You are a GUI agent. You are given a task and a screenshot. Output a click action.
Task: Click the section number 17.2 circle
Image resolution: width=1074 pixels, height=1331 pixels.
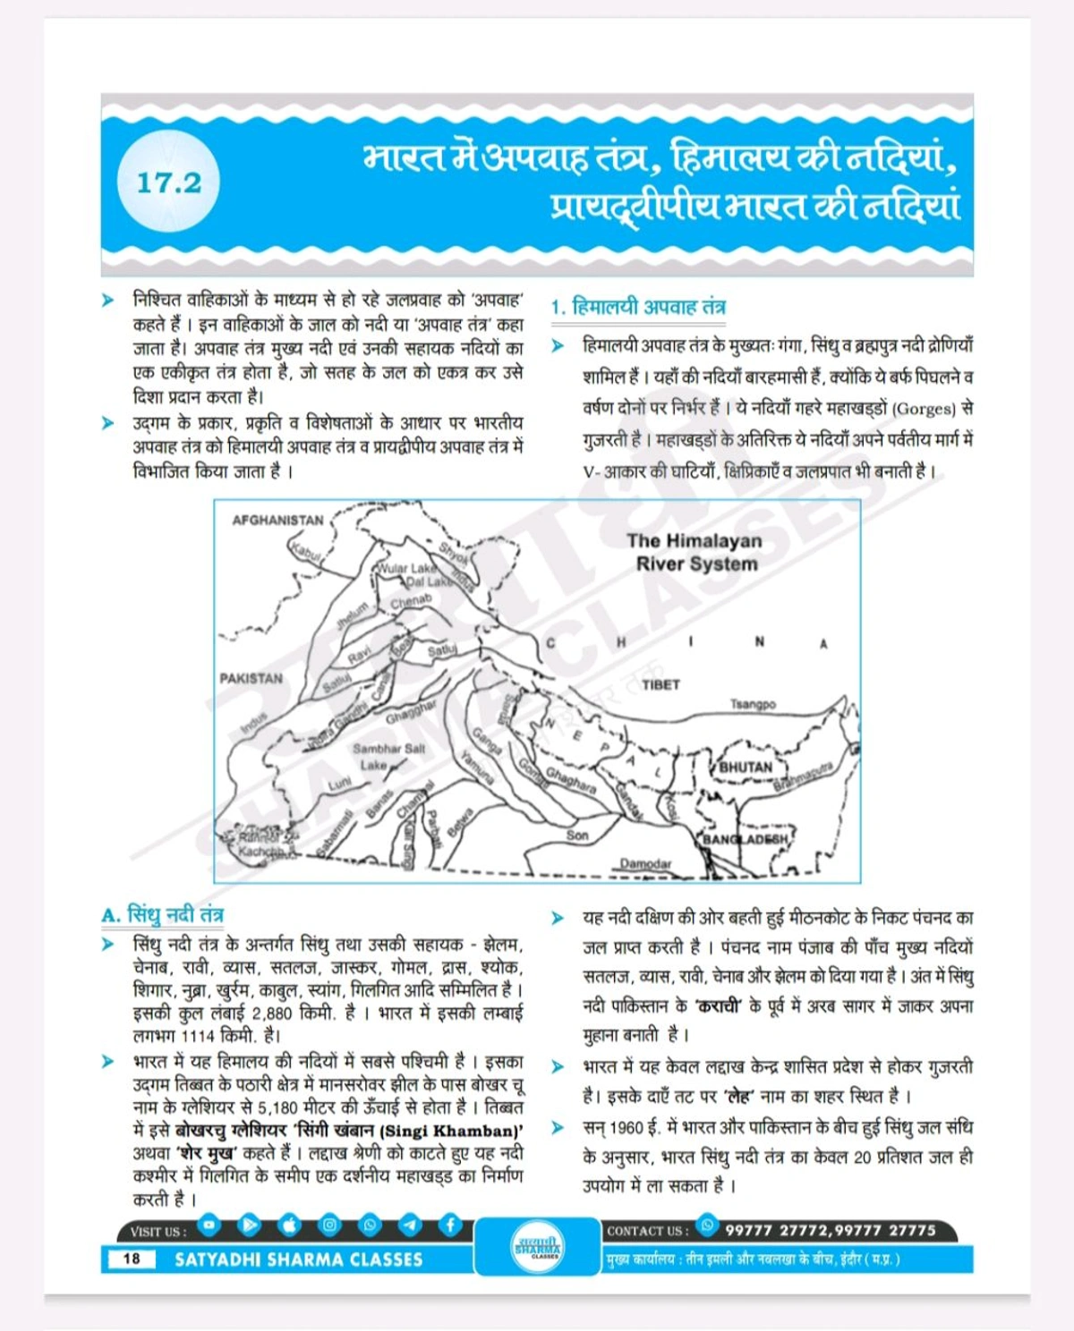[x=168, y=184]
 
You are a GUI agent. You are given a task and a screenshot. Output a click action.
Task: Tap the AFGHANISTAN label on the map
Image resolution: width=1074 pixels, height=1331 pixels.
[x=277, y=521]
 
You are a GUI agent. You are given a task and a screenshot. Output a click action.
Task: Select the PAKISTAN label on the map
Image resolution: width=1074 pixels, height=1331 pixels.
[x=251, y=678]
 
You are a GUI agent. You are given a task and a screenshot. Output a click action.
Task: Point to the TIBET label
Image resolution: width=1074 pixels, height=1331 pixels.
[x=661, y=684]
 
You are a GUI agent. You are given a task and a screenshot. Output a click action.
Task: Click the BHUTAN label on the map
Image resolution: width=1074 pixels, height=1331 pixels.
[x=746, y=767]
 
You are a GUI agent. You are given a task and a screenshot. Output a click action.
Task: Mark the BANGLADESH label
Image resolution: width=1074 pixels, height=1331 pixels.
[x=746, y=839]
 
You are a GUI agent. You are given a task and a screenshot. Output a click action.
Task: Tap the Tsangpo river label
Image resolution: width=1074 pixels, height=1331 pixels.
[x=753, y=705]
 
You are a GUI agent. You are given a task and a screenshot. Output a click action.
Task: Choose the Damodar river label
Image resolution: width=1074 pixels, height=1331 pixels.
[x=645, y=864]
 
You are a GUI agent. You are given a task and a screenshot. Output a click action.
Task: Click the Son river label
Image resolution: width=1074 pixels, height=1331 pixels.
[x=577, y=835]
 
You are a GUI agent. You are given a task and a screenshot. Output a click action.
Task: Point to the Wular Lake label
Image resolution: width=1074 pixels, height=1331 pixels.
[x=408, y=568]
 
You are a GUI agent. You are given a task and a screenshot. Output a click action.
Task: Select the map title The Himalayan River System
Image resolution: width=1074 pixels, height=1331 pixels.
[x=695, y=552]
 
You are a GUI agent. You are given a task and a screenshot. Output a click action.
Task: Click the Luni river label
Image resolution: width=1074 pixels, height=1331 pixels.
[x=340, y=784]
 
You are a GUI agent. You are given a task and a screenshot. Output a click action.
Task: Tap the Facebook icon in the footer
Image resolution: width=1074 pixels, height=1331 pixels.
[x=449, y=1225]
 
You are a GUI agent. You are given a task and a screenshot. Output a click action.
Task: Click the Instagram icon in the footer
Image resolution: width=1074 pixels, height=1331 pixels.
[x=329, y=1225]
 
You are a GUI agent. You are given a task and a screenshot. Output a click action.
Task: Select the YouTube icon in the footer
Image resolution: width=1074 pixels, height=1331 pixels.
[x=209, y=1224]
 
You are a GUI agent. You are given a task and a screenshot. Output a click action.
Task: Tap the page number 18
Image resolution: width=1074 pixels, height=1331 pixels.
[x=131, y=1259]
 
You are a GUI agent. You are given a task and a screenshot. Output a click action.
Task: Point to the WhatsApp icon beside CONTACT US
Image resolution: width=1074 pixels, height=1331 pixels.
[x=707, y=1225]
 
